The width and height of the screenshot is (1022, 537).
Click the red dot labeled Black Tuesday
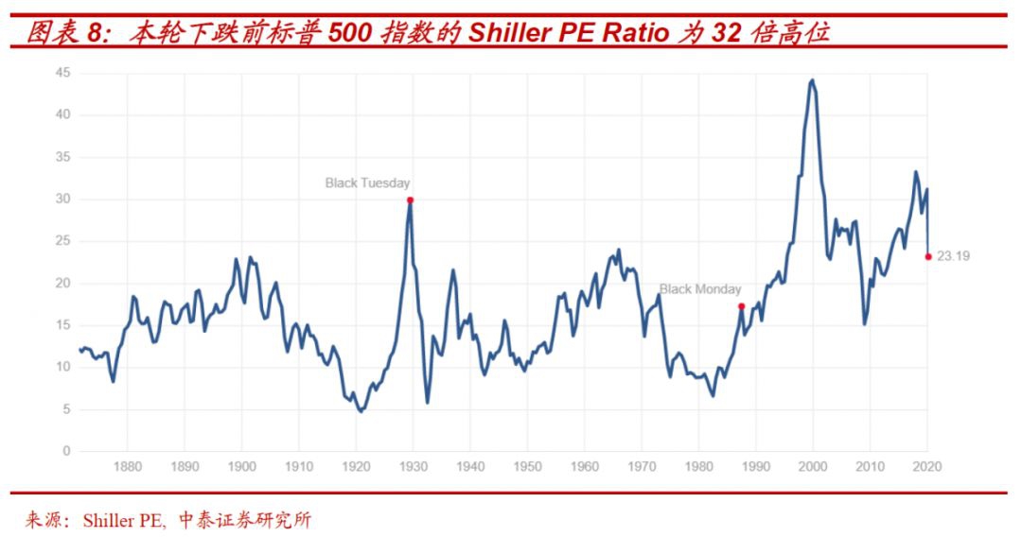(x=410, y=199)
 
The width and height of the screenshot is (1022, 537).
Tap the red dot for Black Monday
(x=741, y=305)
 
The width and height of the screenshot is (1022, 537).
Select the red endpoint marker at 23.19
(x=928, y=256)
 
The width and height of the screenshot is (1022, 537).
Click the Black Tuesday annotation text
(x=367, y=182)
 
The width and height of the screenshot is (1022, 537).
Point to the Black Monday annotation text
(x=700, y=289)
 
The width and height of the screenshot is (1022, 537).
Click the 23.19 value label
(x=953, y=256)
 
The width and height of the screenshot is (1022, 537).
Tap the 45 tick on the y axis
(x=63, y=73)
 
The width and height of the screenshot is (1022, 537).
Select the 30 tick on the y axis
(x=63, y=199)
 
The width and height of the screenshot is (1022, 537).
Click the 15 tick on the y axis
(x=63, y=325)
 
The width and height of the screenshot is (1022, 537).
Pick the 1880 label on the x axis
(x=128, y=466)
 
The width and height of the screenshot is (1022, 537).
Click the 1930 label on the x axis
(x=414, y=466)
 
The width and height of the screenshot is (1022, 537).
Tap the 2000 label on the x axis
(x=813, y=466)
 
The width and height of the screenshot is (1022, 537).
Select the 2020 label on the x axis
(x=927, y=466)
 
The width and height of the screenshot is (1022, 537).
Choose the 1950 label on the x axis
(x=528, y=466)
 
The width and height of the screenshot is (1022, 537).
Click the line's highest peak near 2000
(x=812, y=80)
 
